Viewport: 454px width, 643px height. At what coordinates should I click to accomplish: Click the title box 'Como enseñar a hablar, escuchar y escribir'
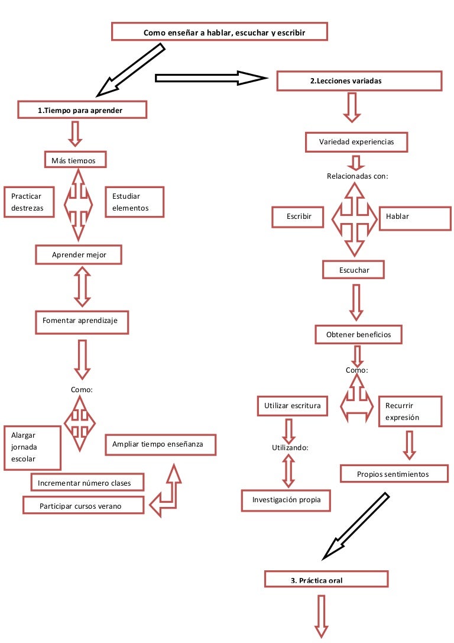[x=219, y=32]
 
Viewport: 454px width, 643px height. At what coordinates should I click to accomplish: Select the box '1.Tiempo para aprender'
[x=82, y=110]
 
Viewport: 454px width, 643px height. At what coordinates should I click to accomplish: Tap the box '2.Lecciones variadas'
[x=359, y=81]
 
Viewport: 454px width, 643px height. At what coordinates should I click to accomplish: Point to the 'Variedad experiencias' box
[x=356, y=142]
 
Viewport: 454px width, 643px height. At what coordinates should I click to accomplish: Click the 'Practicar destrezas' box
[x=31, y=202]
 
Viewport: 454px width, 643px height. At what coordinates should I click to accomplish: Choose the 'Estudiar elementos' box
[x=134, y=202]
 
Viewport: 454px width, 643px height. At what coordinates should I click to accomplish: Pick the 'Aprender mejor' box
[x=79, y=254]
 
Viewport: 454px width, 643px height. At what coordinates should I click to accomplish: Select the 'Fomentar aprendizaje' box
[x=81, y=321]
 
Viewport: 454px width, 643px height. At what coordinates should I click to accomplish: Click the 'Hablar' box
[x=414, y=217]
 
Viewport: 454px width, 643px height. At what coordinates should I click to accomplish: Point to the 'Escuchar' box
[x=354, y=270]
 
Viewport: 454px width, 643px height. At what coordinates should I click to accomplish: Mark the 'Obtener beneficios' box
[x=358, y=335]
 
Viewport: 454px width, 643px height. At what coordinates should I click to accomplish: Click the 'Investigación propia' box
[x=286, y=500]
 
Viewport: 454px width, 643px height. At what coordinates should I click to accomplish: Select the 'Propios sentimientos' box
[x=393, y=474]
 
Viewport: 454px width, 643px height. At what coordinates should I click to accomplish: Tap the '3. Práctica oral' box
[x=326, y=580]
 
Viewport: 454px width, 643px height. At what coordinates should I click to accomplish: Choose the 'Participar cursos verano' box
[x=83, y=506]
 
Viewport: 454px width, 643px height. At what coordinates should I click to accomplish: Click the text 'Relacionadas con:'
[x=357, y=176]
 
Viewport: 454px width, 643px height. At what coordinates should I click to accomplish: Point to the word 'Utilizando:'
[x=290, y=448]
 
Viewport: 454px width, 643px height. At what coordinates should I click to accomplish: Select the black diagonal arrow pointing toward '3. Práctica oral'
[x=356, y=526]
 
